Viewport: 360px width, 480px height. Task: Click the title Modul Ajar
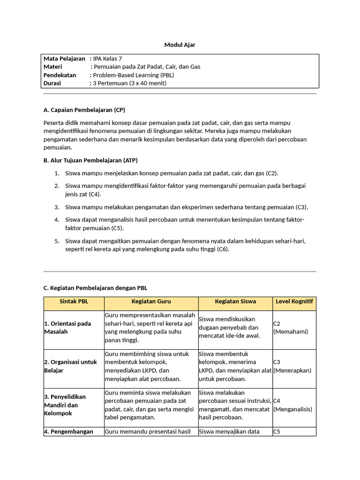coord(180,45)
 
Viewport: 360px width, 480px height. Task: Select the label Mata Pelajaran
coord(64,59)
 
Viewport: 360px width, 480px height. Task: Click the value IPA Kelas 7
coord(107,59)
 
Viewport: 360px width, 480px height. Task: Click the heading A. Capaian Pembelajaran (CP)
coord(84,110)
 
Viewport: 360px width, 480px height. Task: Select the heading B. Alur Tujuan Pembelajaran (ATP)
coord(90,160)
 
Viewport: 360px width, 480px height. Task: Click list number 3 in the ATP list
coord(57,207)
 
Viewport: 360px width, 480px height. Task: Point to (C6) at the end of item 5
coord(223,249)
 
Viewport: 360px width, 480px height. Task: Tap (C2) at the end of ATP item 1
coord(272,173)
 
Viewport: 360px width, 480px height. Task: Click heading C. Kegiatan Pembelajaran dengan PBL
coord(95,288)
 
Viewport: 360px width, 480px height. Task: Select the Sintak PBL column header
coord(74,301)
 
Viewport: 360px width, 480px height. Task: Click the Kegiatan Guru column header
coord(151,301)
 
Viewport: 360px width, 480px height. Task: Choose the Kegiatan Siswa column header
coord(235,301)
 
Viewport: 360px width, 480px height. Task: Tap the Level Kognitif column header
coord(294,301)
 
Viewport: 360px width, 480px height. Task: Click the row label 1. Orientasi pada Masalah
coord(67,328)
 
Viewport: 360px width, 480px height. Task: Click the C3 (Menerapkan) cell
coord(292,366)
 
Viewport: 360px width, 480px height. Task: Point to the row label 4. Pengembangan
coord(68,432)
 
